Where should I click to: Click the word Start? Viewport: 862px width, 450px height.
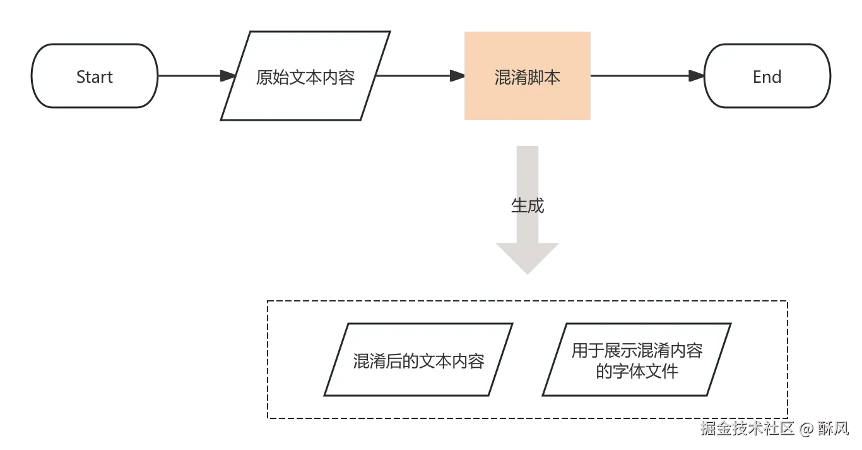pos(94,77)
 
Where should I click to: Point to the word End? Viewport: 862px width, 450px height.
pos(767,77)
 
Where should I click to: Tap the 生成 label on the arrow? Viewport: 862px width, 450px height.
pos(527,205)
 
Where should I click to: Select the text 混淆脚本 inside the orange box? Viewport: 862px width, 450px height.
pos(528,77)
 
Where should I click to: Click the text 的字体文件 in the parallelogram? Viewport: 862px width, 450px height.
pos(637,370)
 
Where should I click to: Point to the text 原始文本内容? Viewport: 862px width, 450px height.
pos(305,77)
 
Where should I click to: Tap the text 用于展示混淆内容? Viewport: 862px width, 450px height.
pos(637,351)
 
